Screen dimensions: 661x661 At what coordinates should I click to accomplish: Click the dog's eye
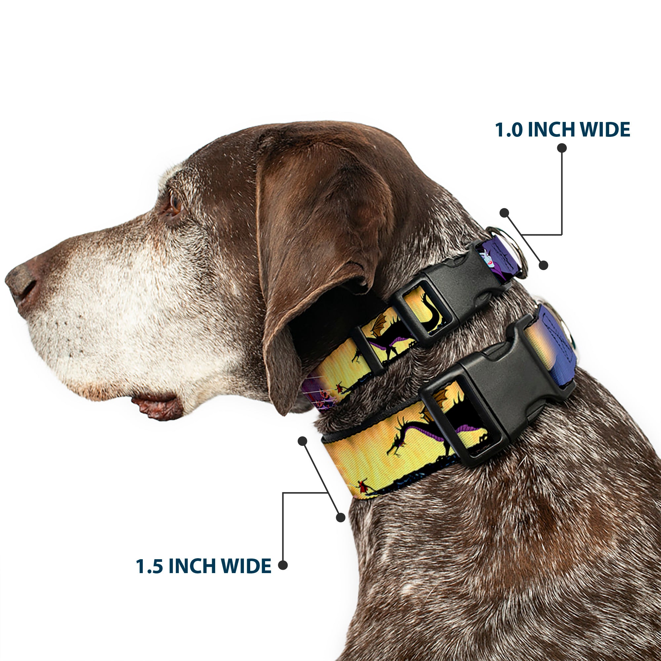(x=175, y=203)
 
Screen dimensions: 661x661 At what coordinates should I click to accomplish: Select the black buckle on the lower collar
(x=496, y=393)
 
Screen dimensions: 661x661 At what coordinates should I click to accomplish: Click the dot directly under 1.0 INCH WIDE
(x=562, y=148)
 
